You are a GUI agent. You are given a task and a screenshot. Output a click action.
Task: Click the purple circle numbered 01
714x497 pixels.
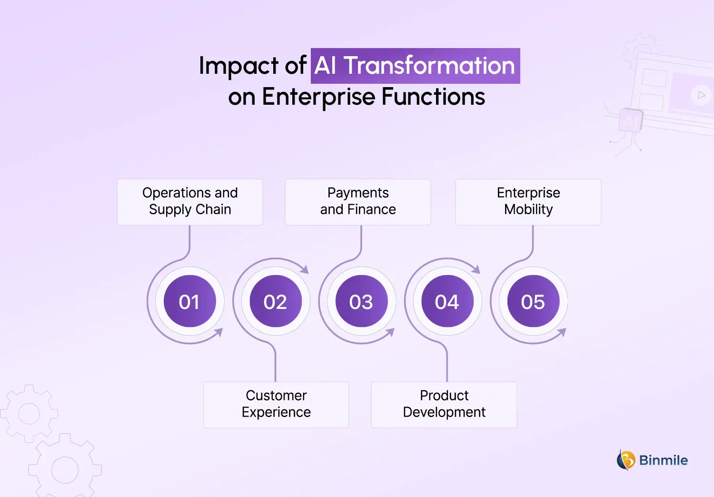tap(189, 301)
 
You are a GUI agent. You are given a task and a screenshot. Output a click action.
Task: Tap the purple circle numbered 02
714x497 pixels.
tap(276, 301)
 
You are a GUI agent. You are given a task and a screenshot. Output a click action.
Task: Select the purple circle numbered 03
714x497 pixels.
tap(361, 301)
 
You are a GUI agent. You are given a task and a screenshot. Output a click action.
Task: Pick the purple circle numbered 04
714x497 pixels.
tap(447, 301)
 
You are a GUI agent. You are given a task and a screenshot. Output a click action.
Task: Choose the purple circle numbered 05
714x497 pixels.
tap(533, 301)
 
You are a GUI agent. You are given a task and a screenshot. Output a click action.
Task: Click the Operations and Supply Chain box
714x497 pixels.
tap(190, 201)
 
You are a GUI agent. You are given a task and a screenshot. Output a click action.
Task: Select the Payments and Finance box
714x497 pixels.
tap(358, 201)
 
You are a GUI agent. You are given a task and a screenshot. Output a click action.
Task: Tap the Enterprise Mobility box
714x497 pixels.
tap(528, 201)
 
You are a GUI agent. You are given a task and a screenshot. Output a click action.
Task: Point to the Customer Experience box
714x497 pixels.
tap(276, 404)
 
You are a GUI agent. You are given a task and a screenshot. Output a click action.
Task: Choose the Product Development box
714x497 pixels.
tap(444, 404)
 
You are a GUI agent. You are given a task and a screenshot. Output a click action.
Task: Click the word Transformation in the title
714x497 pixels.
tap(429, 66)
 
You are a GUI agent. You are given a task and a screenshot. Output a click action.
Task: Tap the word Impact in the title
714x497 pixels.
tap(238, 66)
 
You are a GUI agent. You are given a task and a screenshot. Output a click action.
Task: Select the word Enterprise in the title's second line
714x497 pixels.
tap(318, 97)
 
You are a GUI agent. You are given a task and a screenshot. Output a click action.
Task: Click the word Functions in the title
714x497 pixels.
tap(433, 97)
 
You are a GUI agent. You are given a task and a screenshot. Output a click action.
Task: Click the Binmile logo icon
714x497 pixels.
tap(626, 460)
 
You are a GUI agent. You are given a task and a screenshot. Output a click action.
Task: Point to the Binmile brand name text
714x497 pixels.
tap(663, 460)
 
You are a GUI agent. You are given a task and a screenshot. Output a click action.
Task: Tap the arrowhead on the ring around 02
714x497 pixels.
tap(305, 269)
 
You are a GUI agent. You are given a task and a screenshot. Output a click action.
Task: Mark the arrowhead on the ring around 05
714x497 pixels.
tap(562, 332)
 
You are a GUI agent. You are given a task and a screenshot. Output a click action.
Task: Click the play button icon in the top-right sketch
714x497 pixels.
tap(701, 95)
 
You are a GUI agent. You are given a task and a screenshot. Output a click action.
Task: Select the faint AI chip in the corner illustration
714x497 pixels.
tap(631, 120)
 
